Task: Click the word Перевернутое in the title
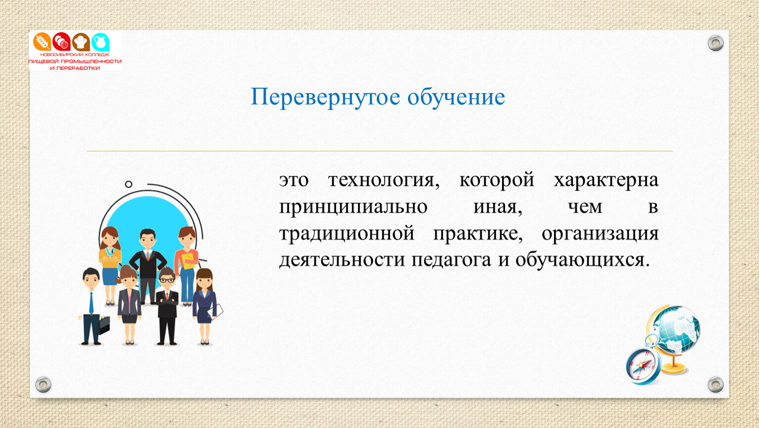(x=325, y=98)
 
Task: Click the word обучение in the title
(x=456, y=97)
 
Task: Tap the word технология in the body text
(x=384, y=180)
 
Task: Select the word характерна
(x=606, y=180)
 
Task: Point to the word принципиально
(x=353, y=207)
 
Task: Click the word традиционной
(x=347, y=234)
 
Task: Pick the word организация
(x=600, y=234)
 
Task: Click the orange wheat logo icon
(x=42, y=42)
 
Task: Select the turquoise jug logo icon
(x=101, y=42)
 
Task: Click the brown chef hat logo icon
(x=81, y=42)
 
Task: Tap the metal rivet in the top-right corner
(x=715, y=43)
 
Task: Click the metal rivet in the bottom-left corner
(x=44, y=384)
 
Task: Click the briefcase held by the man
(x=103, y=325)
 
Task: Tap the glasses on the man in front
(x=167, y=280)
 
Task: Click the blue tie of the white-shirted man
(x=91, y=303)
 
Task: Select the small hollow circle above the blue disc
(x=128, y=184)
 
